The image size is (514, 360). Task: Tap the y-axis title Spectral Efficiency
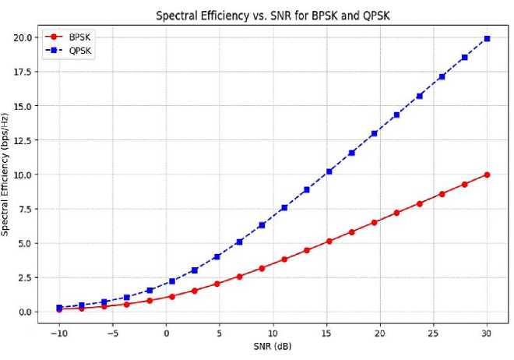click(x=6, y=175)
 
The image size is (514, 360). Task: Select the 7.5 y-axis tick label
click(x=23, y=209)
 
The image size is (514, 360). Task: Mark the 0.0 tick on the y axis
click(x=23, y=312)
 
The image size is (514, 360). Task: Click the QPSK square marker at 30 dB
click(x=487, y=38)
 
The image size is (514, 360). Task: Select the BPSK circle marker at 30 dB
click(x=487, y=175)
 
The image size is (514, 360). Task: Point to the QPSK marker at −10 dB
click(x=59, y=308)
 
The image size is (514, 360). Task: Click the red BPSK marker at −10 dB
click(x=59, y=310)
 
